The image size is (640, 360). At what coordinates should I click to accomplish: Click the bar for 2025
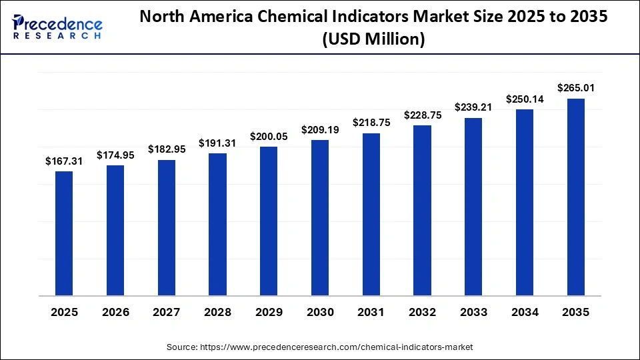click(x=64, y=233)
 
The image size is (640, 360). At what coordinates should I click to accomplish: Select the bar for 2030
click(x=320, y=217)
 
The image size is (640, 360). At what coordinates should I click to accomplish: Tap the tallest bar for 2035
click(x=576, y=197)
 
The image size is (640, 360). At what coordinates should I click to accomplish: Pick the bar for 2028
click(x=217, y=224)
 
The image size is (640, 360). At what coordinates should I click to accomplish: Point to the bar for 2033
click(x=473, y=207)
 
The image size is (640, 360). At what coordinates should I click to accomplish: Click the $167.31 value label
click(x=64, y=161)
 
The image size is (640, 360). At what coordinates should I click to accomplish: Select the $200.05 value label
click(x=269, y=136)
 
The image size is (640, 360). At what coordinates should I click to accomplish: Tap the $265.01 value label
click(x=576, y=88)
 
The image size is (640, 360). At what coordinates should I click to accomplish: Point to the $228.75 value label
click(x=422, y=115)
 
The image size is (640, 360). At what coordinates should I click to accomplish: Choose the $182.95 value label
click(x=166, y=149)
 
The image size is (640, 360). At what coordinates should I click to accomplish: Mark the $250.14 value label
click(x=525, y=99)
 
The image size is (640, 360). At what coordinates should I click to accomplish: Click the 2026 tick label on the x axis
click(x=115, y=312)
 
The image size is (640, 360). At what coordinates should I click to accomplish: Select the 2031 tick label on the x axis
click(x=371, y=312)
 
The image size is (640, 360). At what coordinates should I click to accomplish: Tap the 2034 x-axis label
click(x=525, y=312)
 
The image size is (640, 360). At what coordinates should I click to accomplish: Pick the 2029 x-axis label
click(x=269, y=312)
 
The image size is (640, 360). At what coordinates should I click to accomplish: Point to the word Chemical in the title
click(x=290, y=18)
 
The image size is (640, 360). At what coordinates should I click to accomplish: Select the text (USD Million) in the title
click(x=373, y=40)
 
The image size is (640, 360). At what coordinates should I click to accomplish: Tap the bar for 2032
click(x=422, y=211)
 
